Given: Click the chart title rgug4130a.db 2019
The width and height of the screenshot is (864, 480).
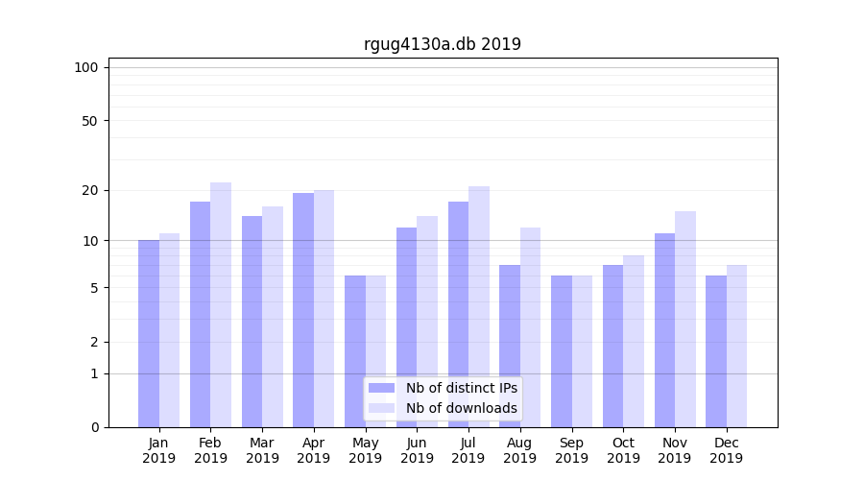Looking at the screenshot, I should click(x=442, y=44).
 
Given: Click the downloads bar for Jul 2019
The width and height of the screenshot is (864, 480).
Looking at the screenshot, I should click(x=479, y=306).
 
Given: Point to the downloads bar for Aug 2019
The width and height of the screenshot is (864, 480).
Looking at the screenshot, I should click(x=530, y=326).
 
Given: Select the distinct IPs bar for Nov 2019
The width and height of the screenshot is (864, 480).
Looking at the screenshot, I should click(x=664, y=330).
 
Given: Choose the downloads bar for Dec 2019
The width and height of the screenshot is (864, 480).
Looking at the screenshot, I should click(x=736, y=346).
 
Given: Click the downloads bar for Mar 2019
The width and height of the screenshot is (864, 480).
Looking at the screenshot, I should click(x=273, y=317).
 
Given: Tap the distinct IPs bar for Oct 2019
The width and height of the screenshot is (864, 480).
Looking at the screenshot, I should click(x=612, y=346).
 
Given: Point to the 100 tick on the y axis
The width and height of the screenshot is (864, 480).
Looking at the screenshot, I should click(x=86, y=67).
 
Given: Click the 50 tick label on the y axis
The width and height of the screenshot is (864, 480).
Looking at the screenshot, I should click(x=89, y=121).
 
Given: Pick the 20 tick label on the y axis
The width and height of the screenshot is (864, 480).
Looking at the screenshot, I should click(x=89, y=190).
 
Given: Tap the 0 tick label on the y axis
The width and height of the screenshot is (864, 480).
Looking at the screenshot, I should click(x=94, y=427).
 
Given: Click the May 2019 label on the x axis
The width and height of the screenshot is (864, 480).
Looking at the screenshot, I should click(x=365, y=450).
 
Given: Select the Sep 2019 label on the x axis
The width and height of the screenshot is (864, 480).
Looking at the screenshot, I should click(x=571, y=450).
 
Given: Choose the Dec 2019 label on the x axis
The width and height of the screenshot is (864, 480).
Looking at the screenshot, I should click(x=726, y=450).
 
